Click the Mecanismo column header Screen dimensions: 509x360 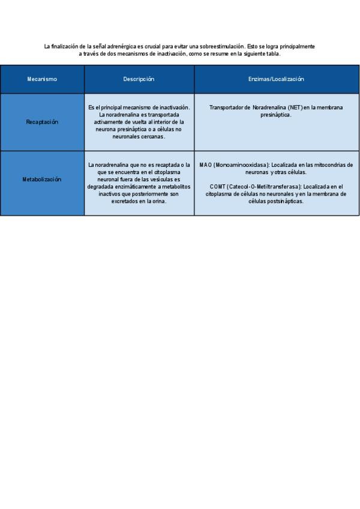pos(42,79)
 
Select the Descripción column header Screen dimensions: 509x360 pos(139,79)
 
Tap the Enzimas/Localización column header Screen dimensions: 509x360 pos(277,79)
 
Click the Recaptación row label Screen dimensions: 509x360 pos(42,122)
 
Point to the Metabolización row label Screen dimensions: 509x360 pos(42,179)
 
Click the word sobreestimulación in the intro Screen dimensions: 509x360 pos(221,46)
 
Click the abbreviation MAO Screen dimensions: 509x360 pos(205,164)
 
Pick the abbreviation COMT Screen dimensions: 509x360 pos(218,187)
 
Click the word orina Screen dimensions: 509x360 pos(158,201)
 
